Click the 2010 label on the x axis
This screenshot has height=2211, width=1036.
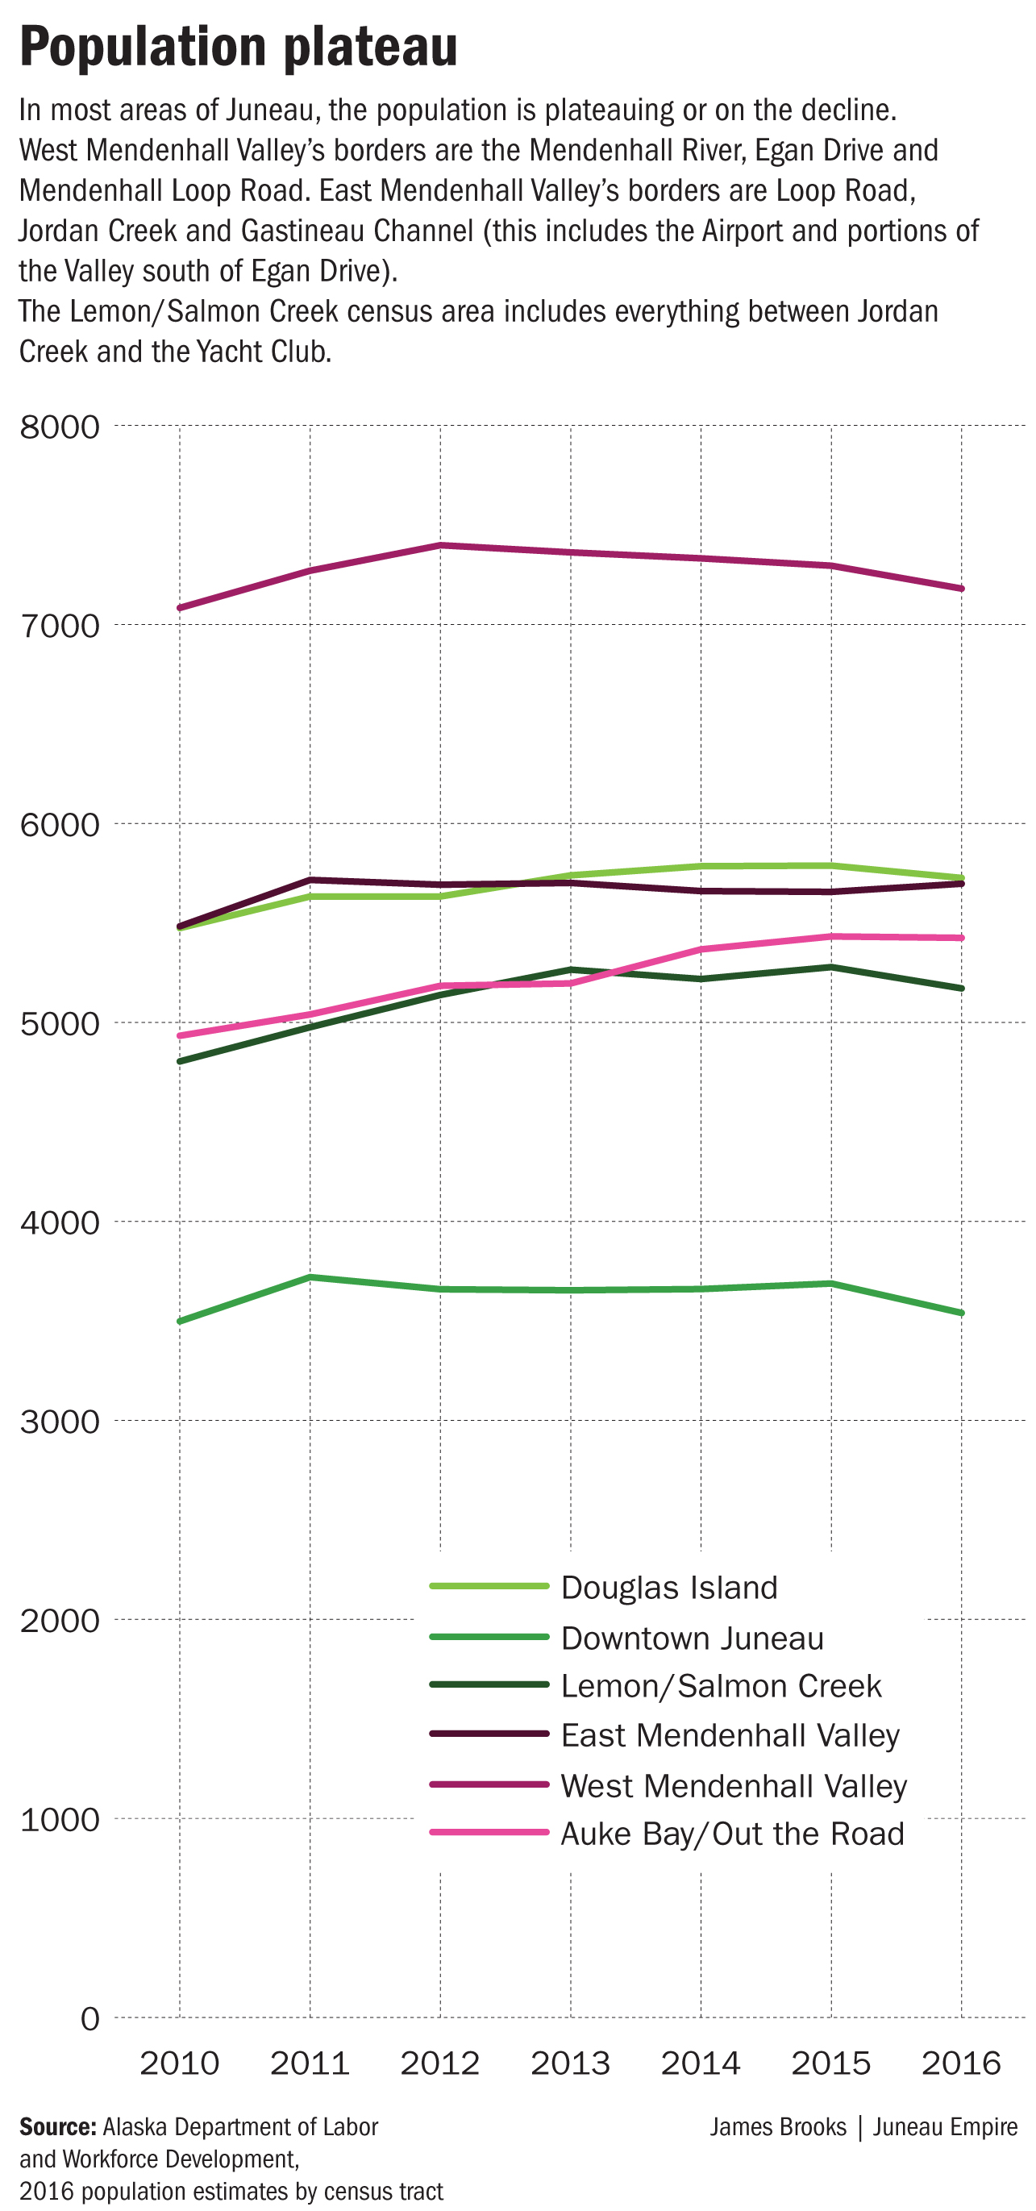click(180, 2063)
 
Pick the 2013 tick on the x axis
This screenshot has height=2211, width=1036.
click(570, 2063)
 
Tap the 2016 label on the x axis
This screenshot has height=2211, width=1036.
click(960, 2063)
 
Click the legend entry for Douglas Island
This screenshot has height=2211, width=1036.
click(668, 1587)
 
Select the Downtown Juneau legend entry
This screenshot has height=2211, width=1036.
click(692, 1638)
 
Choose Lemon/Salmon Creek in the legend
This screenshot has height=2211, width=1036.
click(720, 1686)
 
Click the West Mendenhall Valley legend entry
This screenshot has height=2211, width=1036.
click(733, 1785)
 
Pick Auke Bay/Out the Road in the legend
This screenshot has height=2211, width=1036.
click(732, 1834)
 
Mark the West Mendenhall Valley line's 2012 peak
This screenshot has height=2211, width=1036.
click(440, 545)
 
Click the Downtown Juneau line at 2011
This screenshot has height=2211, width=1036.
click(310, 1277)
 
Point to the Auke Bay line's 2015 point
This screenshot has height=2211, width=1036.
click(831, 936)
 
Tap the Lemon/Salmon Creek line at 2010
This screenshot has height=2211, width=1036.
click(181, 1062)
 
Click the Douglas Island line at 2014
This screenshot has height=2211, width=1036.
click(701, 866)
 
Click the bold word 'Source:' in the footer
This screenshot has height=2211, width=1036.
click(57, 2127)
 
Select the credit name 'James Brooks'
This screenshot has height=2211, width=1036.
click(778, 2127)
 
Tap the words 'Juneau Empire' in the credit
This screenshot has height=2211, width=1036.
click(945, 2127)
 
